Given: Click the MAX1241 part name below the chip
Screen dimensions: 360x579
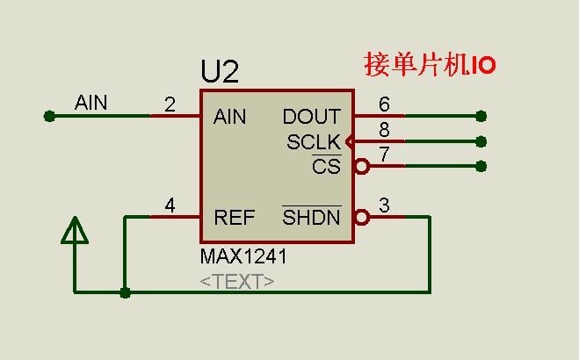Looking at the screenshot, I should point(243,257).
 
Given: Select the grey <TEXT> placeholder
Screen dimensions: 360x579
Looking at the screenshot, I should point(237,282).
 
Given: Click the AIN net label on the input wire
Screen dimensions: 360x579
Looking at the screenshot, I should point(90,103).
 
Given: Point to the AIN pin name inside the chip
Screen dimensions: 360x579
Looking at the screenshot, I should point(230,117).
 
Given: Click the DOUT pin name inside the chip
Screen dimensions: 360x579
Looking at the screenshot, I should point(312,117).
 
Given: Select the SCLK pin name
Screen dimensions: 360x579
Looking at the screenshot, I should point(314,142).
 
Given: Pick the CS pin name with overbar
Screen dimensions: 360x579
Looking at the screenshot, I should point(326,166).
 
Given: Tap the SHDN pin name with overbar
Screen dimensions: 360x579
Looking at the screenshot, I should point(311,218).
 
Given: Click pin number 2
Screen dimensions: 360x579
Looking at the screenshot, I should point(170,105).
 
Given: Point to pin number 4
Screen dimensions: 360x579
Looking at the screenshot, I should point(170,206).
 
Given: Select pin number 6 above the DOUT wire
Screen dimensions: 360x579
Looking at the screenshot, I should point(384,104).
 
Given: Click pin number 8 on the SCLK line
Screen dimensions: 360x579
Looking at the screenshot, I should point(384,130).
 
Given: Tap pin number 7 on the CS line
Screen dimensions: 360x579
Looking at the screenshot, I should point(384,155).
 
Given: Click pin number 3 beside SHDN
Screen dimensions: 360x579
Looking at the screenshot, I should point(384,206).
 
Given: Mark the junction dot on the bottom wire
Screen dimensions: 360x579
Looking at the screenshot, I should point(125,292).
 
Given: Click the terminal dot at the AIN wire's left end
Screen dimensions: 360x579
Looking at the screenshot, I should point(48,115).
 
